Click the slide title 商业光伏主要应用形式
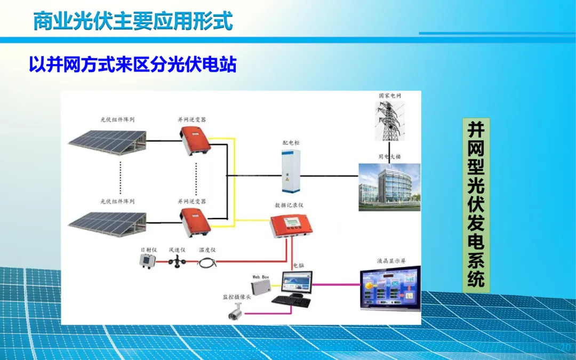133,21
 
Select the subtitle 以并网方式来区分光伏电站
133,65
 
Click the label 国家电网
390,95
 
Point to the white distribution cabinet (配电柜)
291,170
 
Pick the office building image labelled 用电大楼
389,187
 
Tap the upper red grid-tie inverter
193,140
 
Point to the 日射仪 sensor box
146,261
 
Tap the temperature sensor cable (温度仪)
206,262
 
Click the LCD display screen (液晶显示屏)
390,288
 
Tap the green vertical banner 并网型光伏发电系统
476,205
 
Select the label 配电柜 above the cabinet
291,143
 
